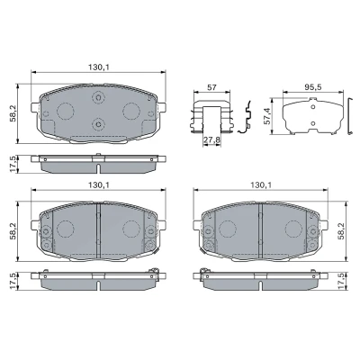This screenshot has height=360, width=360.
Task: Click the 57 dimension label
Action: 211,87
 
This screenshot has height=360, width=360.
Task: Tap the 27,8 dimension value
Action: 211,139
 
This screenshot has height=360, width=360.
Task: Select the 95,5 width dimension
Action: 313,87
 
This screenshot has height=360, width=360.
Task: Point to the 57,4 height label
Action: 267,116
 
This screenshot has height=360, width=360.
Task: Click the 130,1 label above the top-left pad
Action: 98,67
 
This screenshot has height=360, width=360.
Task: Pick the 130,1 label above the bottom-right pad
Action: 261,184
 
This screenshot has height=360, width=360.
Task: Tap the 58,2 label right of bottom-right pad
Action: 341,231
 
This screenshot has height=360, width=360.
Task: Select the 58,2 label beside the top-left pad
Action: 13,113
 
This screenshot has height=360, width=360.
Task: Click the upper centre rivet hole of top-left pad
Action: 98,97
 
